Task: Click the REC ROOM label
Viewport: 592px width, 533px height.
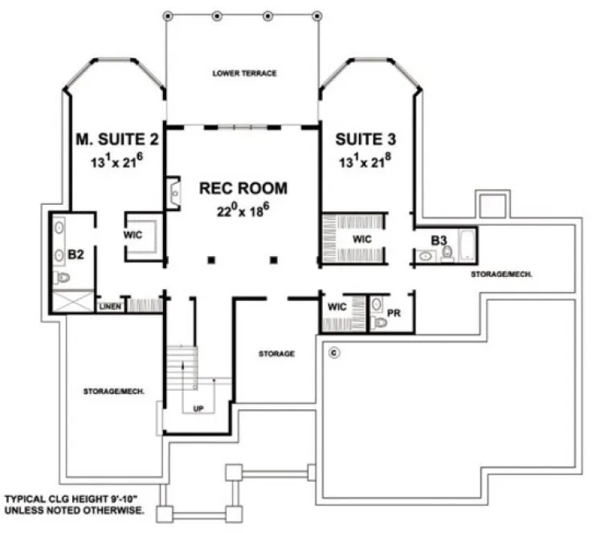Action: (x=243, y=189)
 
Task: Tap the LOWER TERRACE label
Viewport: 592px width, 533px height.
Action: (x=244, y=73)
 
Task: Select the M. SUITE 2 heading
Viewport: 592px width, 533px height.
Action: (x=116, y=140)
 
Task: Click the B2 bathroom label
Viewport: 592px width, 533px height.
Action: (x=76, y=254)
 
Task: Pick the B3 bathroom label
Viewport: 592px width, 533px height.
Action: (x=438, y=240)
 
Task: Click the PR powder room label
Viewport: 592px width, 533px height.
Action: (x=394, y=311)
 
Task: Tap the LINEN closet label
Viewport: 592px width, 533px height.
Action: (x=109, y=307)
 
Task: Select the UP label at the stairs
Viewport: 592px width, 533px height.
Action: (x=198, y=409)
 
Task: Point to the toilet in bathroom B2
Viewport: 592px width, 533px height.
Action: (x=61, y=279)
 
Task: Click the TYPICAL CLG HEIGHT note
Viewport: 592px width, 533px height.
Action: (x=74, y=504)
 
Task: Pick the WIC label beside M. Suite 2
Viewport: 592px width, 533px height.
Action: (x=133, y=236)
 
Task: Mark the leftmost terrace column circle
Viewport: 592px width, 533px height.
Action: (x=167, y=15)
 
